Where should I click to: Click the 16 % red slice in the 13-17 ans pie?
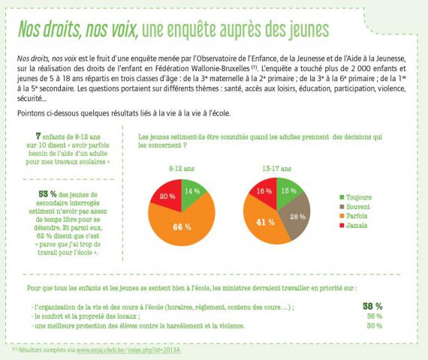click(264, 191)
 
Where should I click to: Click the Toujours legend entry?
click(356, 197)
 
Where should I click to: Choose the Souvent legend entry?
click(354, 207)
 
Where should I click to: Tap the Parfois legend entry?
click(354, 216)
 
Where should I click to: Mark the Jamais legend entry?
click(354, 225)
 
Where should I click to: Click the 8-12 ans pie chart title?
click(182, 169)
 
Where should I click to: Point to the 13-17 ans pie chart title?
click(277, 169)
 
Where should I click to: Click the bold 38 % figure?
click(372, 306)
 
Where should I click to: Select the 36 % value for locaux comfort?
click(375, 316)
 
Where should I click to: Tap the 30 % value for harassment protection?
click(375, 325)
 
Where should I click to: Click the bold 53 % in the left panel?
click(47, 194)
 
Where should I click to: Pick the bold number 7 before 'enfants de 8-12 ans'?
click(38, 136)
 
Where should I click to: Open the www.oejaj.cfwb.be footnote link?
click(128, 350)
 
